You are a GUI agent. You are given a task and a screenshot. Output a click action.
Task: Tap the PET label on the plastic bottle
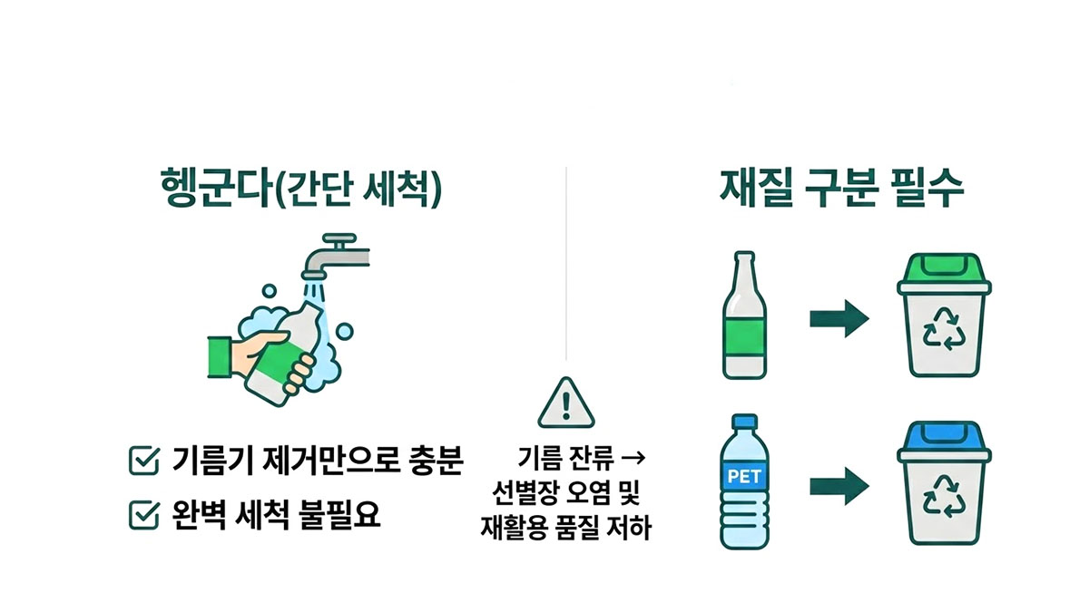pyautogui.click(x=743, y=474)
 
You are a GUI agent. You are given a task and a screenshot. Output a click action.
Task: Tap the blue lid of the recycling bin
pyautogui.click(x=941, y=440)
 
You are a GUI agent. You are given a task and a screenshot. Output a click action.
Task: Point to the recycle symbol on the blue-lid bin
pyautogui.click(x=943, y=498)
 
